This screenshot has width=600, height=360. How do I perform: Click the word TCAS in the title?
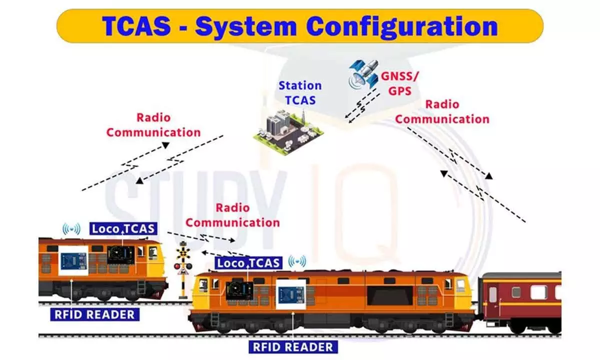[x=136, y=26]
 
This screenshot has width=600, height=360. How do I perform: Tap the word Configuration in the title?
[x=402, y=27]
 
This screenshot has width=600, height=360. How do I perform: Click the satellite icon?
[x=364, y=74]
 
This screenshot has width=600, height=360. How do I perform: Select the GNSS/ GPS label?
[x=399, y=84]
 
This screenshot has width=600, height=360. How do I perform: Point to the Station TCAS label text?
[x=300, y=93]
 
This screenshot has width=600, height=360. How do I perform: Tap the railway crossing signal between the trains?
[x=183, y=269]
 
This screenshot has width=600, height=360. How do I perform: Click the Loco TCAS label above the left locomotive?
[x=123, y=229]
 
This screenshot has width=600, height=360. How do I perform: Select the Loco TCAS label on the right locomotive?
[x=248, y=263]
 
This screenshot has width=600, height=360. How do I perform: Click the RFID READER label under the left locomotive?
[x=95, y=314]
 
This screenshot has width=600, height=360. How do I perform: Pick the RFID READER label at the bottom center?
[x=293, y=347]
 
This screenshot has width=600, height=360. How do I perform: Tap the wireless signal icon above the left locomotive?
[x=71, y=229]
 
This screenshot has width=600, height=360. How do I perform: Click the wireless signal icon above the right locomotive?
[x=297, y=261]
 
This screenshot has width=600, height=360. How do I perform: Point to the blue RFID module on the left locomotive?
[x=73, y=260]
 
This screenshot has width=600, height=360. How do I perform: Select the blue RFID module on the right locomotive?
[x=290, y=294]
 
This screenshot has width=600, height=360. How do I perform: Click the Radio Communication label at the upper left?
[x=153, y=125]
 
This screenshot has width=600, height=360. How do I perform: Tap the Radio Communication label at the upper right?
[x=442, y=111]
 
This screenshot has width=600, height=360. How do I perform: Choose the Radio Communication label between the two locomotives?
[x=232, y=215]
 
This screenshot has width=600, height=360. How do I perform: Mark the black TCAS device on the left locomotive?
[x=121, y=255]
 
